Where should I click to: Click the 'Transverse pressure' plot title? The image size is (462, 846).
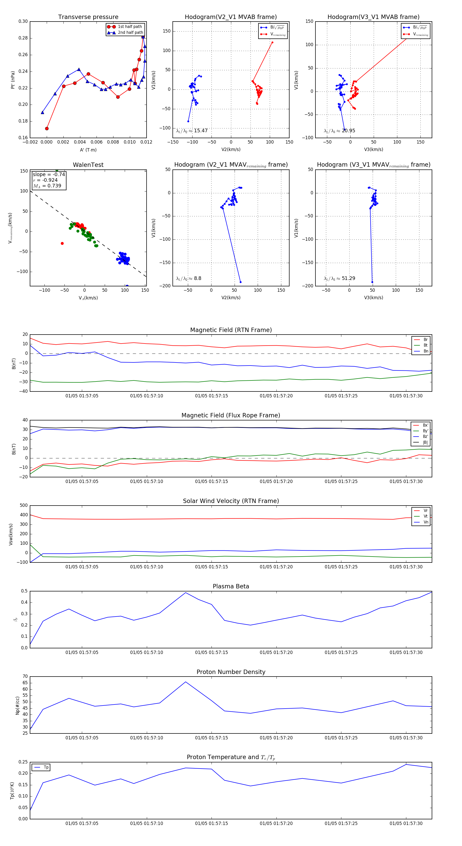click(88, 17)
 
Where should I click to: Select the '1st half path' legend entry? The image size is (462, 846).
click(130, 27)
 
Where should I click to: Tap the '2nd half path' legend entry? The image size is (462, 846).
click(130, 33)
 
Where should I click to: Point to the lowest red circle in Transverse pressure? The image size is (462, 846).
click(47, 128)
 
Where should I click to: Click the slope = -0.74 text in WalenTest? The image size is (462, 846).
click(49, 174)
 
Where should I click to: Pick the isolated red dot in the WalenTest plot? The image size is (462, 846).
click(62, 243)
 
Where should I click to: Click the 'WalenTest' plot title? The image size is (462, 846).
click(88, 165)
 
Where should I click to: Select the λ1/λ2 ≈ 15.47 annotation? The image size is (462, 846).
click(192, 131)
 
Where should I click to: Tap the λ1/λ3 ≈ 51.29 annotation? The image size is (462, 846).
click(339, 278)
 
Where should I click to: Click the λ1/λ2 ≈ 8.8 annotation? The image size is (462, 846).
click(188, 278)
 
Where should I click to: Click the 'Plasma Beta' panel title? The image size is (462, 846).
click(231, 586)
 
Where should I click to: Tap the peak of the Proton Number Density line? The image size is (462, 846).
click(186, 682)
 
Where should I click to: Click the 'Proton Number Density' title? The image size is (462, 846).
click(231, 672)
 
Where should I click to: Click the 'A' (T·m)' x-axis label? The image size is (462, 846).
click(88, 150)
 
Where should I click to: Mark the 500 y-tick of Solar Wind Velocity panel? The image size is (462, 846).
click(24, 506)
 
